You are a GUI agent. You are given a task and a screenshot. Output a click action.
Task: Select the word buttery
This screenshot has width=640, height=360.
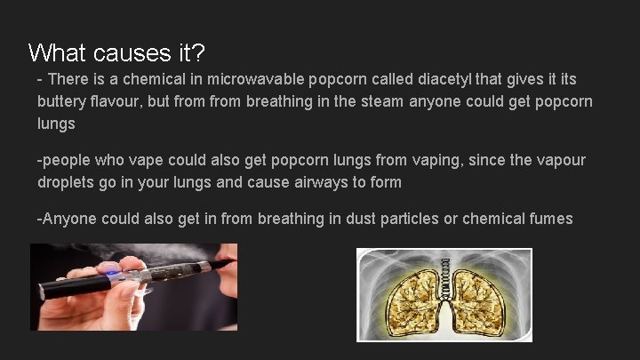[63, 102]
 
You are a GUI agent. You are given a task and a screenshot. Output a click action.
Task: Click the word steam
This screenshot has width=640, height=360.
[380, 102]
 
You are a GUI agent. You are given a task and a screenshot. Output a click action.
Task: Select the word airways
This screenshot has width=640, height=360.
[318, 182]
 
